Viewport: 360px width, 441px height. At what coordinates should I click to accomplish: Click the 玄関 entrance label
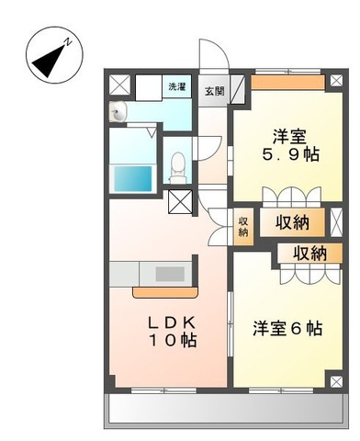click(215, 91)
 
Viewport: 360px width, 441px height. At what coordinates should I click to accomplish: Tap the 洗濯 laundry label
click(177, 86)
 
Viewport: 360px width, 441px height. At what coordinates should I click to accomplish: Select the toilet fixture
click(177, 167)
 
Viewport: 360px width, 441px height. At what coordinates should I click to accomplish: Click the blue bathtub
click(133, 178)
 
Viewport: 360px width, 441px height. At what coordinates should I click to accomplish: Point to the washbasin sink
click(118, 112)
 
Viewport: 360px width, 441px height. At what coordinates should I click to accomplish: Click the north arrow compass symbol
click(54, 55)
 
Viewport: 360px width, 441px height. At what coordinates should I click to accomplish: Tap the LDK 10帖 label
click(173, 331)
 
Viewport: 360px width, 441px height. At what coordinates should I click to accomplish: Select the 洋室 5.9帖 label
click(290, 145)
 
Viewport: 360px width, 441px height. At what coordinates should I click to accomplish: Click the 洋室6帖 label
click(287, 328)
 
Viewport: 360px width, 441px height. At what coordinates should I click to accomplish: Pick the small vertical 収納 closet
click(243, 226)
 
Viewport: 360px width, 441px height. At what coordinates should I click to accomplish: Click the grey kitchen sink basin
click(170, 274)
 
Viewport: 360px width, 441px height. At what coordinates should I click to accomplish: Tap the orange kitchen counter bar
click(165, 292)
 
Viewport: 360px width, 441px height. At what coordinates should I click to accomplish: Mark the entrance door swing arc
click(214, 56)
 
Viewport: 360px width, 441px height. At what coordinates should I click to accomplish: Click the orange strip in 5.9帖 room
click(287, 83)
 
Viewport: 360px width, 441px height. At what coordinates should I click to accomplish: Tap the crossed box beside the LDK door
click(180, 202)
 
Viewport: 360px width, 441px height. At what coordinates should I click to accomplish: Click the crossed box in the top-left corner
click(120, 85)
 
